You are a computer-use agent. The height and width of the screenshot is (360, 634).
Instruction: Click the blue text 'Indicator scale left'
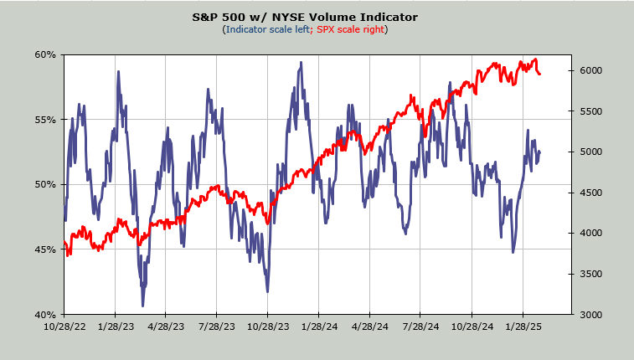[x=265, y=30]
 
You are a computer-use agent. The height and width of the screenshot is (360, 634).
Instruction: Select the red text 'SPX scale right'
[x=349, y=30]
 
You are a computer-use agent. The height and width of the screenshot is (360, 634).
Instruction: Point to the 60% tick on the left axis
[x=45, y=54]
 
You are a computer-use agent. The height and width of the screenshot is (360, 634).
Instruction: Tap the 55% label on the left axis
[x=45, y=120]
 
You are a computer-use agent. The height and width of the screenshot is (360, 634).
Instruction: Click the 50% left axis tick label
[x=45, y=184]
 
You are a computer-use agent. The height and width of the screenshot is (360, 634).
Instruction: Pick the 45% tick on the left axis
[x=45, y=249]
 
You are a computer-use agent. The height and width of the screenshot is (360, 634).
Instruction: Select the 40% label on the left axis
[x=45, y=315]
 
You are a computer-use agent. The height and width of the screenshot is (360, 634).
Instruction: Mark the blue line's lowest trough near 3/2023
[x=143, y=305]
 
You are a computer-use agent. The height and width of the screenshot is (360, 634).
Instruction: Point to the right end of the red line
[x=540, y=74]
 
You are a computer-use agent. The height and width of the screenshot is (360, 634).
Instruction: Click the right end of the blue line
[x=540, y=152]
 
